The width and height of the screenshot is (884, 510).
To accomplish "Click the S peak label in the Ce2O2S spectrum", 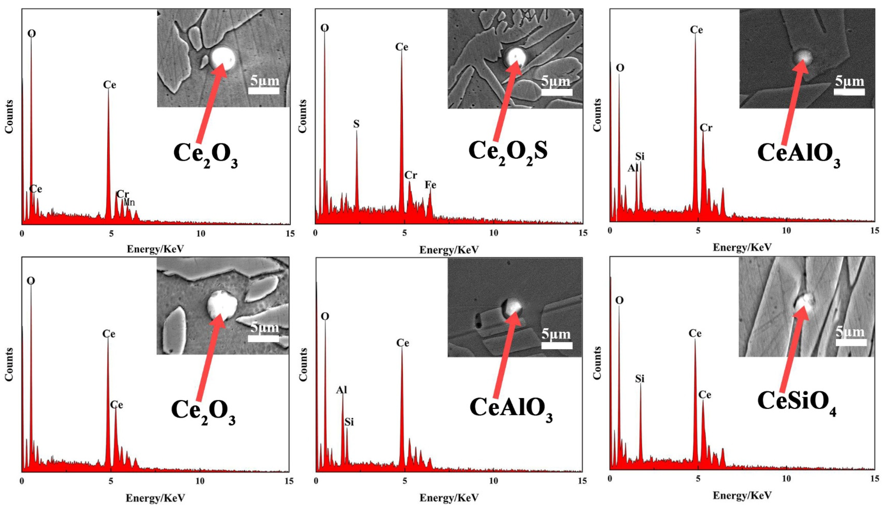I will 356,124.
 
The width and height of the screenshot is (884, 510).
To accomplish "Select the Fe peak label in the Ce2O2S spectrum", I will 430,185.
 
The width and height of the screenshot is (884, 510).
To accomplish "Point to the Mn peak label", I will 129,202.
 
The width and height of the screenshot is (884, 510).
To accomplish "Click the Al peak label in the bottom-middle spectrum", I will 341,390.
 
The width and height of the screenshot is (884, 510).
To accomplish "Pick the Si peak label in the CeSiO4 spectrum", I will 640,379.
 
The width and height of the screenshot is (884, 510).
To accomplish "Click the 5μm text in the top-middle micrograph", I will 556,81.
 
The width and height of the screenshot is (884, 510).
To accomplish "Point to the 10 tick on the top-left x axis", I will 200,234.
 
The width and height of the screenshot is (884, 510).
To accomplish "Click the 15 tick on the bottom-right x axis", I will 874,478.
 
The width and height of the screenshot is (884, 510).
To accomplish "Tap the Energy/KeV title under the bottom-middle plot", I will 449,498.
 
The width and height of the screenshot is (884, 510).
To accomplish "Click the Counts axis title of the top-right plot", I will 597,115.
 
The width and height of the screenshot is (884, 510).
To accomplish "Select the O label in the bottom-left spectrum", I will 31,281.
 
